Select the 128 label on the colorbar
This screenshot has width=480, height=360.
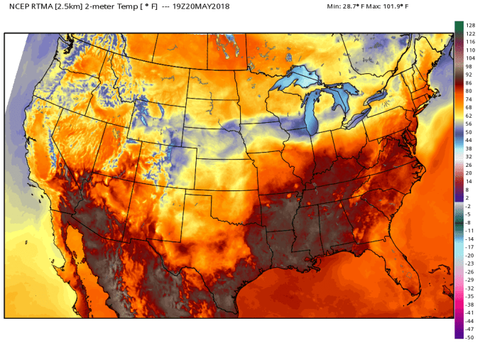pos(469,25)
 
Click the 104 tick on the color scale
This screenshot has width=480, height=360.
pos(469,60)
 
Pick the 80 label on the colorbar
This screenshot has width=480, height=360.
pos(469,92)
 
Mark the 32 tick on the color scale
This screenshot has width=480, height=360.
pos(469,157)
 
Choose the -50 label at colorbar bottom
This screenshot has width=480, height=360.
pos(469,337)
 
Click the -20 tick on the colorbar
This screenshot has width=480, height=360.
pos(469,256)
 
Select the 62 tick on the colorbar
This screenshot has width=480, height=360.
pos(469,116)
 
